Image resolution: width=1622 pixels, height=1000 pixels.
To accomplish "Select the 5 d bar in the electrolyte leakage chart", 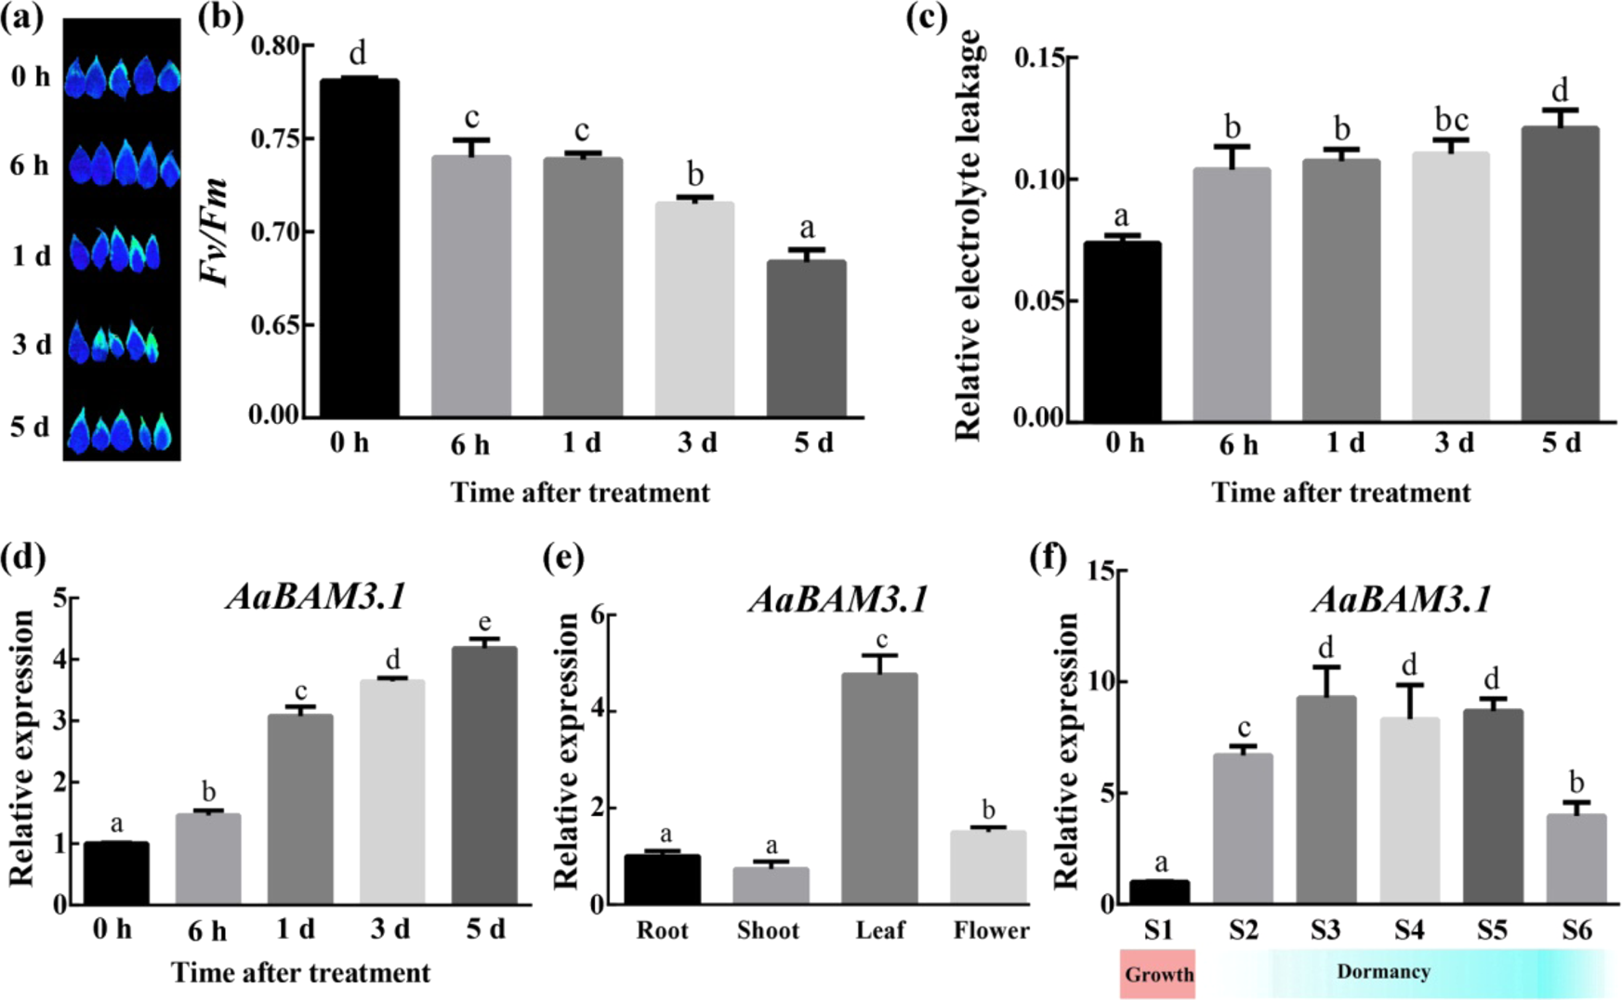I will (x=1560, y=273).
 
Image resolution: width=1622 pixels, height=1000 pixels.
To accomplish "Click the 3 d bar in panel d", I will (x=392, y=791).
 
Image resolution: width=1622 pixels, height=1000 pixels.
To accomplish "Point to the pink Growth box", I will (x=1157, y=974).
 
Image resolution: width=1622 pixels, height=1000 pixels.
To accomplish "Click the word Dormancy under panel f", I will (x=1383, y=972).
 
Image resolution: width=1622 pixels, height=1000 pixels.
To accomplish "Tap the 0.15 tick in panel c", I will (x=1039, y=59).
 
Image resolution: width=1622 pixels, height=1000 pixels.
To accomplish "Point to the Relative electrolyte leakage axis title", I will (x=968, y=237).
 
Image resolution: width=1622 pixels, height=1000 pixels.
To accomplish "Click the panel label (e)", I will (x=564, y=558).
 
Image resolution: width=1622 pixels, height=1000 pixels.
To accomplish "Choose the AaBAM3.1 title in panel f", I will (x=1402, y=599).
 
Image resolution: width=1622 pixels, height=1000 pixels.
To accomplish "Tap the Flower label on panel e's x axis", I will (x=991, y=930).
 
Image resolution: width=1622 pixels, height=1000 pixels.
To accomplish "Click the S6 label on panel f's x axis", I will (x=1576, y=929).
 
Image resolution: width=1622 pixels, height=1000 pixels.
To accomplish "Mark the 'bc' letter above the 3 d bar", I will (x=1451, y=120).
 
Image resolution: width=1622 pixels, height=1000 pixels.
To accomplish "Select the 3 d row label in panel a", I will (x=32, y=345).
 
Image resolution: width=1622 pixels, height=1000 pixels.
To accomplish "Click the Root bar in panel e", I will (x=662, y=878).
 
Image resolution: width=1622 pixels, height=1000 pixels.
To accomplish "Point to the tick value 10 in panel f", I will (x=1101, y=681).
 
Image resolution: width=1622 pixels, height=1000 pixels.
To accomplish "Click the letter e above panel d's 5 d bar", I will (x=484, y=622).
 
